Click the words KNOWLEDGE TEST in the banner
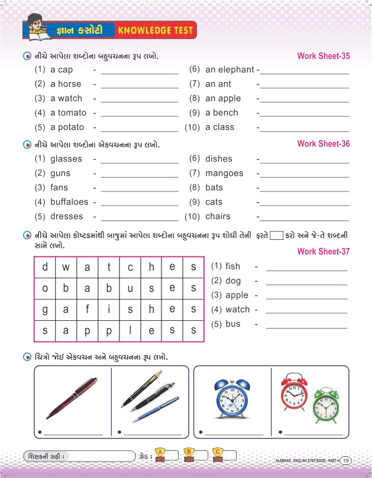[x=153, y=29]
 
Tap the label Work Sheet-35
[x=324, y=56]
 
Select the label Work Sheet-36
[x=324, y=144]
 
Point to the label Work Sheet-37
[x=324, y=252]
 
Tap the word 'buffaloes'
[x=69, y=202]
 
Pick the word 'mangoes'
[x=224, y=173]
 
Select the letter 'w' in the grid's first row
[x=66, y=267]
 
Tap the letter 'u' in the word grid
[x=130, y=288]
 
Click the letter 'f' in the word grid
[x=87, y=310]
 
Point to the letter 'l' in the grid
[x=130, y=331]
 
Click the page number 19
[x=346, y=460]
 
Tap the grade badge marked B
[x=189, y=453]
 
